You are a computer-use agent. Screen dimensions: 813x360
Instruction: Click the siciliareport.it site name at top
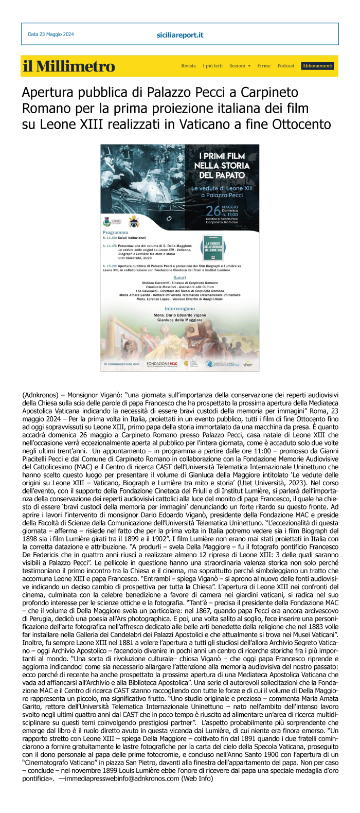180,35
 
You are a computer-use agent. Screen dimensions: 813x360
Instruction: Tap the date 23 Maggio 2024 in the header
51,34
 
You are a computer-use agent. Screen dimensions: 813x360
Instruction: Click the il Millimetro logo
68,66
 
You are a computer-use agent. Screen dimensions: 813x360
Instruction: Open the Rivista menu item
188,66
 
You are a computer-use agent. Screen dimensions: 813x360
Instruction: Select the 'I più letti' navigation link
212,66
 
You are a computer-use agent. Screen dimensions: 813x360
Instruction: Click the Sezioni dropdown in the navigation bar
240,66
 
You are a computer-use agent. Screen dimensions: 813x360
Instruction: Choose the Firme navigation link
264,66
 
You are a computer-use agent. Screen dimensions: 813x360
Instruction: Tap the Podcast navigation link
286,66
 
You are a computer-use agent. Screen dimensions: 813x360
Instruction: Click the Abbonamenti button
318,66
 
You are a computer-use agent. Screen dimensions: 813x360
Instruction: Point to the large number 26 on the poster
213,211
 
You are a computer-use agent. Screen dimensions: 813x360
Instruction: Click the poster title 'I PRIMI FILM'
222,156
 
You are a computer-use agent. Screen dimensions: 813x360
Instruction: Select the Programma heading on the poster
115,233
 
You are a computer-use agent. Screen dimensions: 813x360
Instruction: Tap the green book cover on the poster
213,247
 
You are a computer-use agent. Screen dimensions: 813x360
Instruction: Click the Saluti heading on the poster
179,278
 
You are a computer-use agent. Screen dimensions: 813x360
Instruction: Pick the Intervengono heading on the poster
179,309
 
